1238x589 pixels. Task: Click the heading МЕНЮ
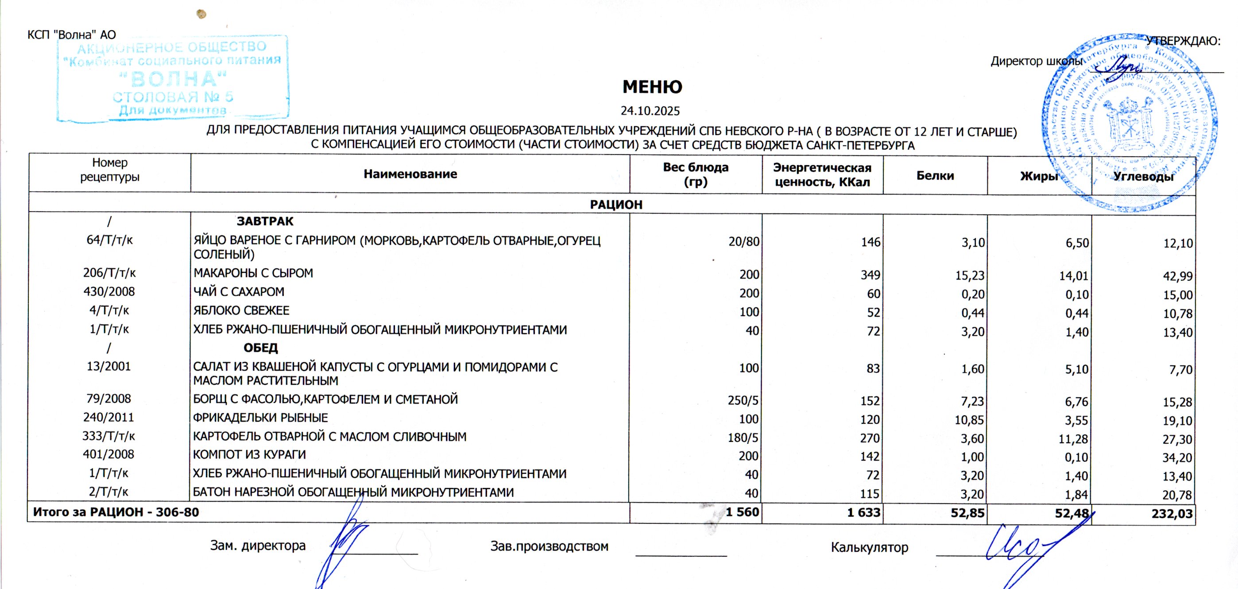point(652,87)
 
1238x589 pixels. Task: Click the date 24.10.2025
point(650,111)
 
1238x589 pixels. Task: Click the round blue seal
point(1130,123)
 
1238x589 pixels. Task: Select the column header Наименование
point(410,174)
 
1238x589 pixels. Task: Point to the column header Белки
point(935,175)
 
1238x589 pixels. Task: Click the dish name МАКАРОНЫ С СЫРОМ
point(253,273)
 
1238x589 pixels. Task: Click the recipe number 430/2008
point(109,292)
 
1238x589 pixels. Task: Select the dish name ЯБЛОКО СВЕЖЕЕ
point(241,310)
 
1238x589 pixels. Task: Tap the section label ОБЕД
point(260,348)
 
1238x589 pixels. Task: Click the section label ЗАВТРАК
point(265,221)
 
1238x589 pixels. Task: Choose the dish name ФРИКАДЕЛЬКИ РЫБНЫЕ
point(260,418)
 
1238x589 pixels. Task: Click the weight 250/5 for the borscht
point(743,400)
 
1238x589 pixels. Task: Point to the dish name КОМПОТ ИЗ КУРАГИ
point(249,455)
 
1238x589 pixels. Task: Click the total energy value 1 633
point(863,512)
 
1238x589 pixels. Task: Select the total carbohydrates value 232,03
point(1172,514)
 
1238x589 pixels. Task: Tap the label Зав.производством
point(549,546)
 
